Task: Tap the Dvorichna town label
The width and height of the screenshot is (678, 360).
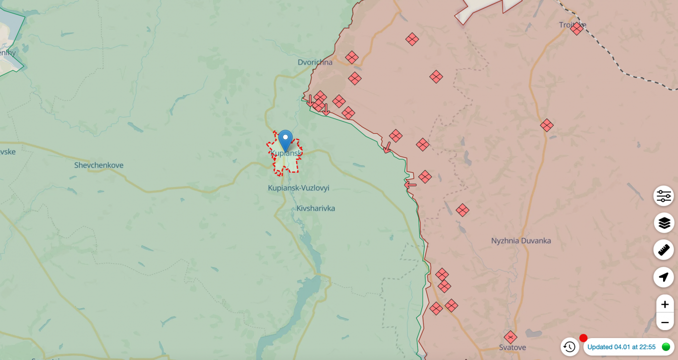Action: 315,62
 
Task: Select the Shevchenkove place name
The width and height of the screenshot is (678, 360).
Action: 99,165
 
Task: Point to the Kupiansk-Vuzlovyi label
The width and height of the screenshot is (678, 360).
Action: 299,188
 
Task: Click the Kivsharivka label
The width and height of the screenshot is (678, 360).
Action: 316,208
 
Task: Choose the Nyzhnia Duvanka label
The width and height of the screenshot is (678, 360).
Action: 521,240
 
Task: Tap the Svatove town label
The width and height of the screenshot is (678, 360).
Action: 512,347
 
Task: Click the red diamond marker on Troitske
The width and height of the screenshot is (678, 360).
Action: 577,28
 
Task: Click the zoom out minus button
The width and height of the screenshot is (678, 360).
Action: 664,323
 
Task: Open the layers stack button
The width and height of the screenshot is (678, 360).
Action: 664,223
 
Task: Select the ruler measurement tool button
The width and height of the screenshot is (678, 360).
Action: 664,250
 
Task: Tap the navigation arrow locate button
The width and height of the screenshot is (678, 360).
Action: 664,277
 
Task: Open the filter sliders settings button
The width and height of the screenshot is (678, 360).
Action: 664,196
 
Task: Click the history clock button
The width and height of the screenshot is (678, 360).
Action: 570,347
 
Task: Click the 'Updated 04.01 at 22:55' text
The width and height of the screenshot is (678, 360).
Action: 621,347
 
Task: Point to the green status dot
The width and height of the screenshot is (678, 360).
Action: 666,347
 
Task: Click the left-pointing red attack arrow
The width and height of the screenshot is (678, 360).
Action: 410,184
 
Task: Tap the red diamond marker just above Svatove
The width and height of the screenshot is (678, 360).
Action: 510,337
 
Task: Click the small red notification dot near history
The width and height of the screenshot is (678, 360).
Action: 583,338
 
